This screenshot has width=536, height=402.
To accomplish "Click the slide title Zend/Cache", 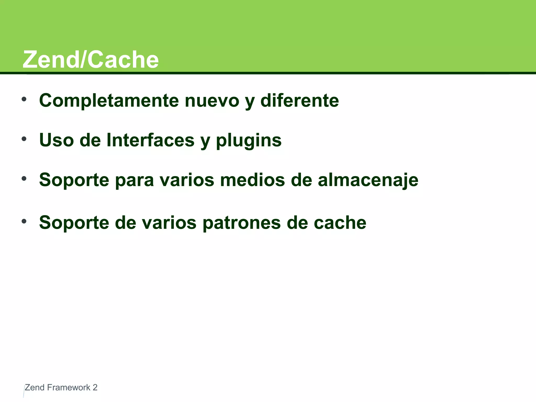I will click(91, 60).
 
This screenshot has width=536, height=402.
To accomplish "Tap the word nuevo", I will click(212, 100).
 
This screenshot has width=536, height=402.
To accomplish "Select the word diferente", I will click(299, 100).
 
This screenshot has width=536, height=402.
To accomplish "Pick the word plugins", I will click(249, 141).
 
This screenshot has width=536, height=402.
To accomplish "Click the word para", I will click(134, 181).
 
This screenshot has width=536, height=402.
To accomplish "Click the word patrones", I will click(242, 223).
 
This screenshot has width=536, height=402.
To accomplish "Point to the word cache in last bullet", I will click(340, 223).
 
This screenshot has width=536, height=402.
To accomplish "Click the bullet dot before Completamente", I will click(24, 99).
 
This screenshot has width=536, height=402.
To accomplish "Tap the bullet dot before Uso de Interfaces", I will click(24, 139).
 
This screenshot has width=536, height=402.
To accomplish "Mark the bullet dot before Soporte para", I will click(24, 179).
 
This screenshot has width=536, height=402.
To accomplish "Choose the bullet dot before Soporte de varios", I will click(24, 221).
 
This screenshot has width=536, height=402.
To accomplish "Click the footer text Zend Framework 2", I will click(61, 387).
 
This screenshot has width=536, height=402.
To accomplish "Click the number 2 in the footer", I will click(95, 387).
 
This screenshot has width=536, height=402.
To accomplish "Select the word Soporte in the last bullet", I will click(74, 223).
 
